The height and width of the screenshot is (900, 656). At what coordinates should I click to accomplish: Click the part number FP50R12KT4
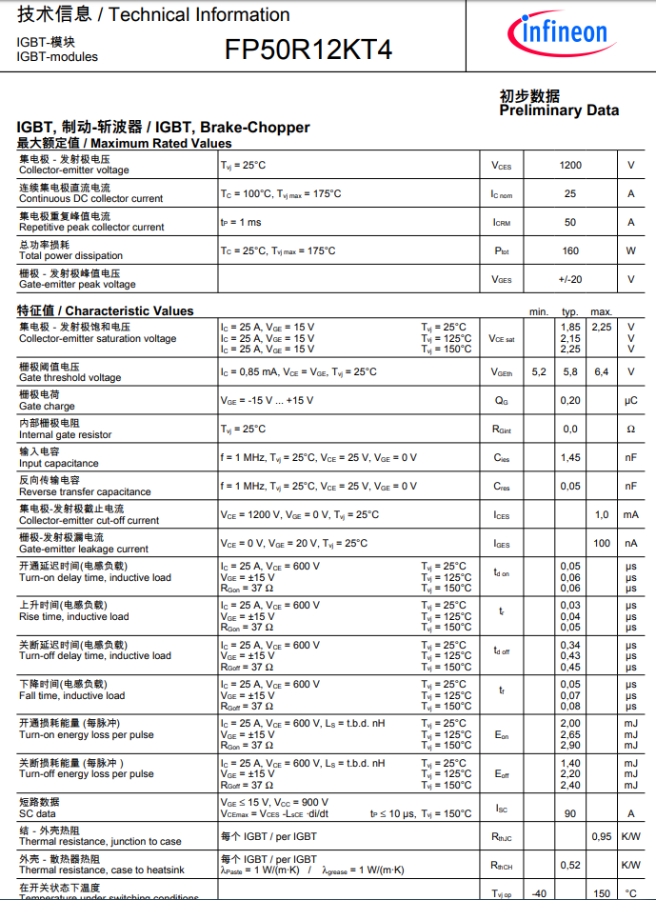[308, 50]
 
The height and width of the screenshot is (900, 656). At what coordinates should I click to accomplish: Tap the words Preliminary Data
[559, 110]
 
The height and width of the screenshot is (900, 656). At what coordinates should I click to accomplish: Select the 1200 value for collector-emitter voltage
[570, 165]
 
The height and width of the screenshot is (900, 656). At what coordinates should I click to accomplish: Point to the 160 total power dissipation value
[570, 251]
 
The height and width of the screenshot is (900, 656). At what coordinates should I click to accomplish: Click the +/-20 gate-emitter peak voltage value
[570, 280]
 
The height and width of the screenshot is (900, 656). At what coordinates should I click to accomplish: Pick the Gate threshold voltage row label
[70, 377]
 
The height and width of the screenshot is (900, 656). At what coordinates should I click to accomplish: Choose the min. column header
[539, 311]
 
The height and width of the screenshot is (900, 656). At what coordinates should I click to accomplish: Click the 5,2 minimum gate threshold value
[539, 372]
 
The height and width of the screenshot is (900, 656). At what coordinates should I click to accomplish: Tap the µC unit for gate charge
[630, 401]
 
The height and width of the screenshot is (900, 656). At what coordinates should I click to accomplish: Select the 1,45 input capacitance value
[570, 458]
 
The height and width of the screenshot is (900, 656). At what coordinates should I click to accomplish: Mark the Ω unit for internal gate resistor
[630, 430]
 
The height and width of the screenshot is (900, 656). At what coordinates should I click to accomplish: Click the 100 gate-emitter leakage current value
[602, 544]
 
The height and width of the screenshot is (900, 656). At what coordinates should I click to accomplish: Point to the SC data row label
[37, 813]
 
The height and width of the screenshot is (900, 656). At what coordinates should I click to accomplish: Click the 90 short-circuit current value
[570, 813]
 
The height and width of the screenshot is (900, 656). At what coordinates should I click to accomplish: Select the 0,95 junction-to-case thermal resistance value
[602, 837]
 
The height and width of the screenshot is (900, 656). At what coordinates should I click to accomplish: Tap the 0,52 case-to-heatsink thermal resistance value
[570, 865]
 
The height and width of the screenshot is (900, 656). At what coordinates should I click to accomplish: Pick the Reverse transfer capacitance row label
[85, 491]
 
